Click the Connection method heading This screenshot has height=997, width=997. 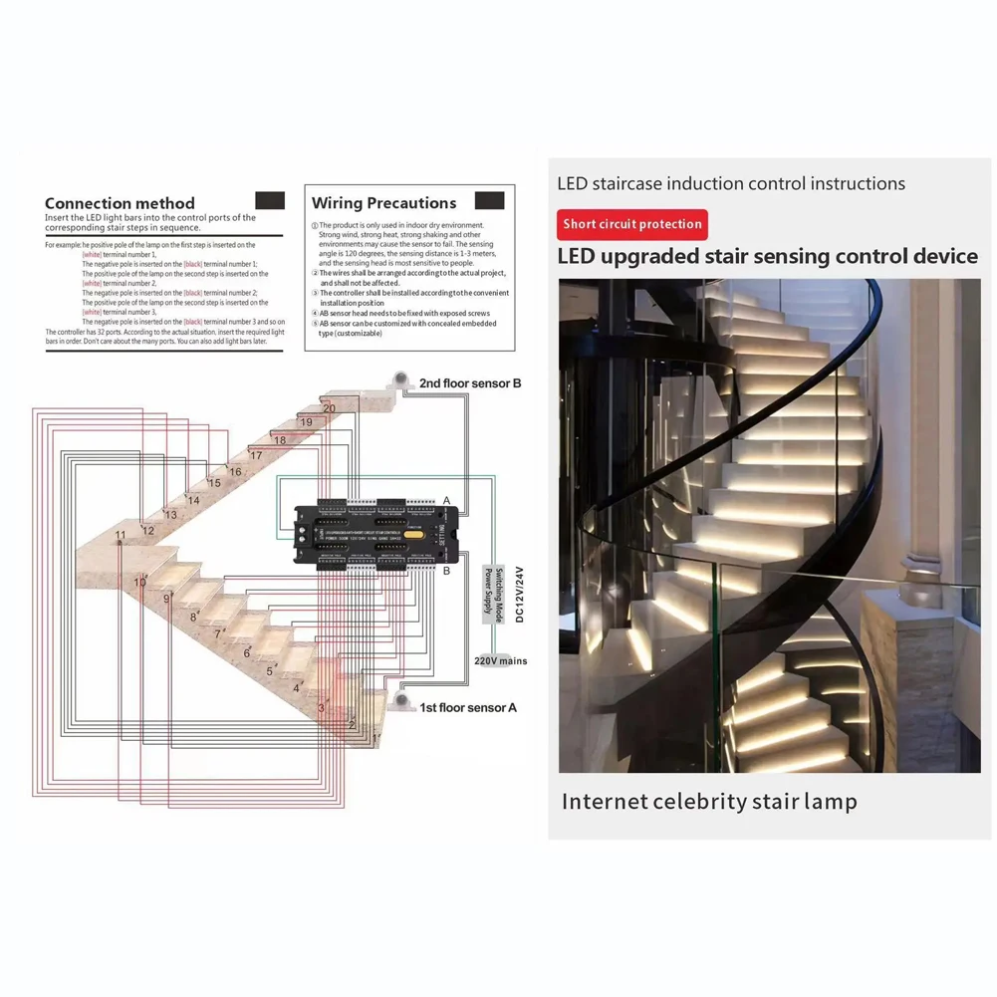[120, 203]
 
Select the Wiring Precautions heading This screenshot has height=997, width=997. [383, 203]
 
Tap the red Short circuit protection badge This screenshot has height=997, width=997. [631, 224]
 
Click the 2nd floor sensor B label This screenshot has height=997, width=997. [470, 382]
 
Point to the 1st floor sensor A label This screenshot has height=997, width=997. [468, 707]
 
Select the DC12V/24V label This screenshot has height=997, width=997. [520, 594]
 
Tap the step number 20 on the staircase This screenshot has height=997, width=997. [329, 408]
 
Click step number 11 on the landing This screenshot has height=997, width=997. [121, 536]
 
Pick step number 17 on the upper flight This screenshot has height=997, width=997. [256, 455]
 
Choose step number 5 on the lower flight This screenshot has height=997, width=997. [269, 670]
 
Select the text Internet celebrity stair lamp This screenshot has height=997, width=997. [708, 801]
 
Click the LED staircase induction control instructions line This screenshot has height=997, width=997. [731, 183]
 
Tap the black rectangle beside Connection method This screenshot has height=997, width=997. [270, 200]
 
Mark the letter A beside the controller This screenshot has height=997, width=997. [447, 500]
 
